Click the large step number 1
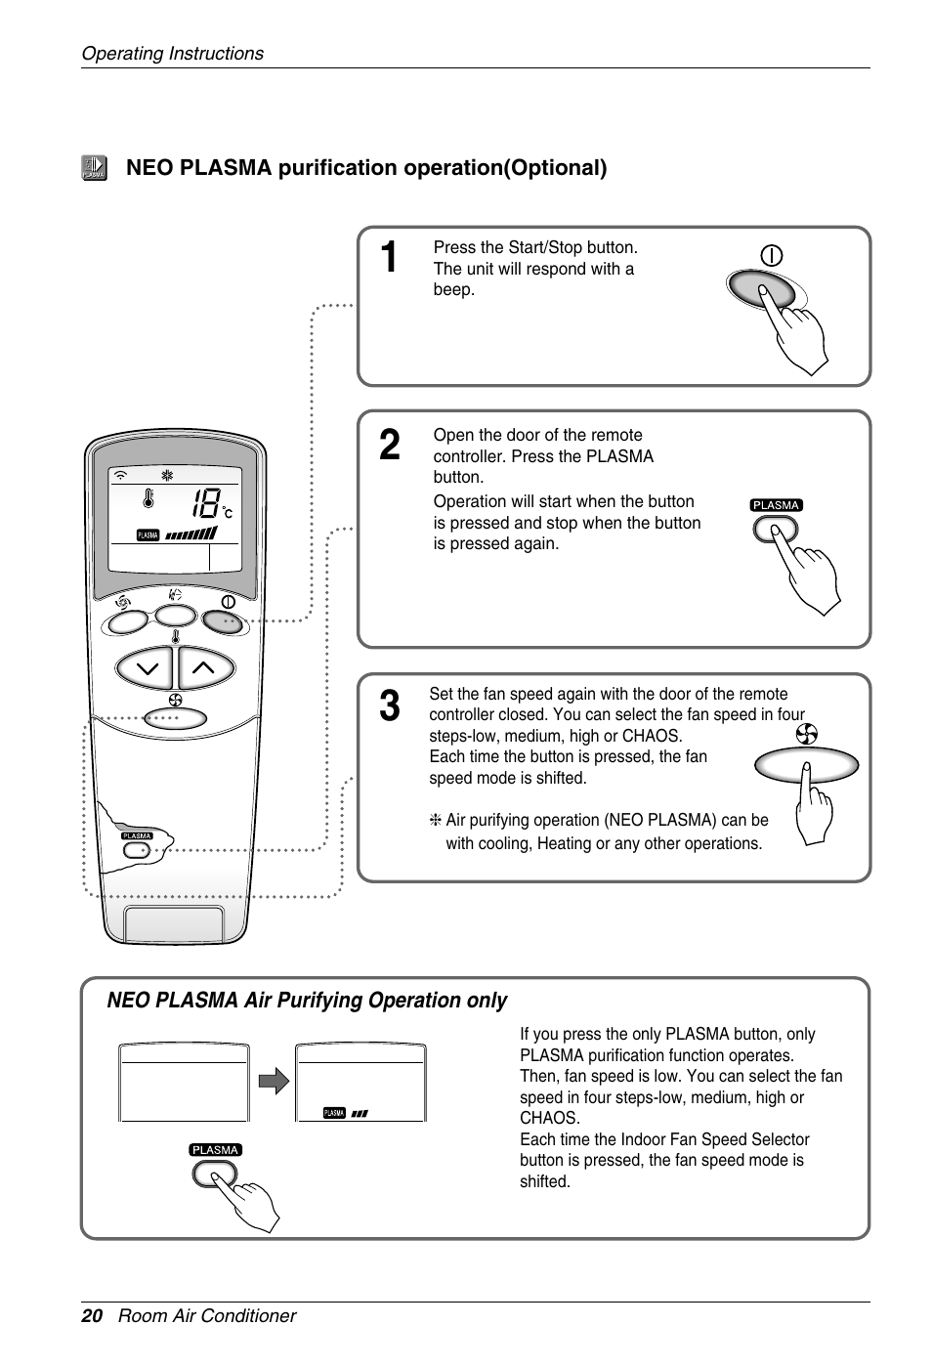[x=389, y=258]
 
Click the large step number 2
[x=389, y=446]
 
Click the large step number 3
[x=389, y=706]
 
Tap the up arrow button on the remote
[x=204, y=668]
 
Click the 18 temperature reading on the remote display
[x=205, y=504]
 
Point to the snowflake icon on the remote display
[x=167, y=476]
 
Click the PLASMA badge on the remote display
[x=148, y=534]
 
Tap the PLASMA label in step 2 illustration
[x=776, y=505]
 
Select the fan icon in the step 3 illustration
[x=807, y=734]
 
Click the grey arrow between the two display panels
[x=275, y=1081]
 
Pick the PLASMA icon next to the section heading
[x=94, y=168]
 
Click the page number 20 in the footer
[x=92, y=1315]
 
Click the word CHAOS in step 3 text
[x=651, y=736]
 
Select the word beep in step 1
[x=453, y=289]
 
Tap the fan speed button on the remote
[x=176, y=718]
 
